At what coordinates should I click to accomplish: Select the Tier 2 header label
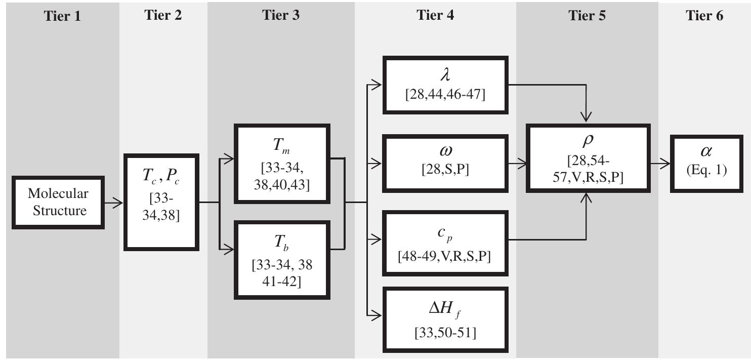(x=163, y=15)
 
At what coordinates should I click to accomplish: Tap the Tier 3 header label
(x=281, y=15)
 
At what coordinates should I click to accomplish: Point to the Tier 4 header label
(x=435, y=15)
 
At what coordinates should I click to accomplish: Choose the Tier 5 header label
(x=587, y=15)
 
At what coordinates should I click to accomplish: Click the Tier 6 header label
(x=704, y=15)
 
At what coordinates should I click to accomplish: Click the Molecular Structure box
(x=58, y=202)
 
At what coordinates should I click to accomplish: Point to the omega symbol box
(x=445, y=163)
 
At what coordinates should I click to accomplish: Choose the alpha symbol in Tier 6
(x=706, y=151)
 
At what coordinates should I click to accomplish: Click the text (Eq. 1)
(x=706, y=170)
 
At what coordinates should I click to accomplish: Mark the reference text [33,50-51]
(x=445, y=332)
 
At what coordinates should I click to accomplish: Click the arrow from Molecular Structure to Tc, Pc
(x=113, y=203)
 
